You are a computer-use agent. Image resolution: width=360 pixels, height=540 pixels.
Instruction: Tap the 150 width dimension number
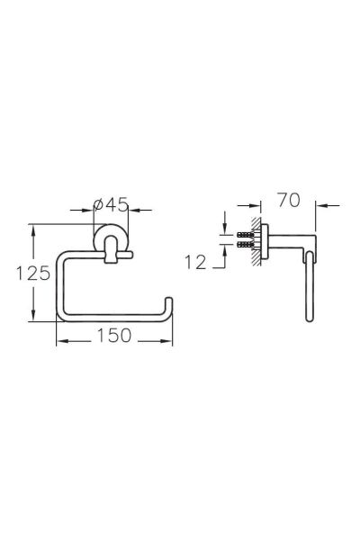click(x=114, y=335)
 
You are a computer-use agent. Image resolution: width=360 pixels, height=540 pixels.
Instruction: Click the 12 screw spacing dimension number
click(x=196, y=262)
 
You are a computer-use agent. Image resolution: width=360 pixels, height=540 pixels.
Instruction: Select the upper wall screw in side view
click(x=246, y=234)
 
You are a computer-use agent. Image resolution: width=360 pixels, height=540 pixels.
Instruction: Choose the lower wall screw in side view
click(x=246, y=244)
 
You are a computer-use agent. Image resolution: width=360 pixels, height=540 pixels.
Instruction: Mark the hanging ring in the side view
click(x=310, y=288)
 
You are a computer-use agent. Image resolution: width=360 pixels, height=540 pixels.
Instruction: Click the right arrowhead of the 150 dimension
click(x=168, y=341)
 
